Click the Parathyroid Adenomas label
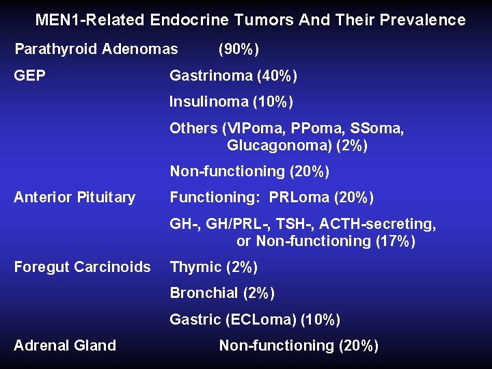click(x=96, y=49)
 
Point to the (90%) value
click(x=238, y=49)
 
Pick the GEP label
click(x=29, y=75)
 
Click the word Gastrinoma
click(x=208, y=75)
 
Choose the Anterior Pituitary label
click(x=74, y=197)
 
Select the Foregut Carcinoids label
click(x=82, y=267)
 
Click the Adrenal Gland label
click(x=65, y=346)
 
